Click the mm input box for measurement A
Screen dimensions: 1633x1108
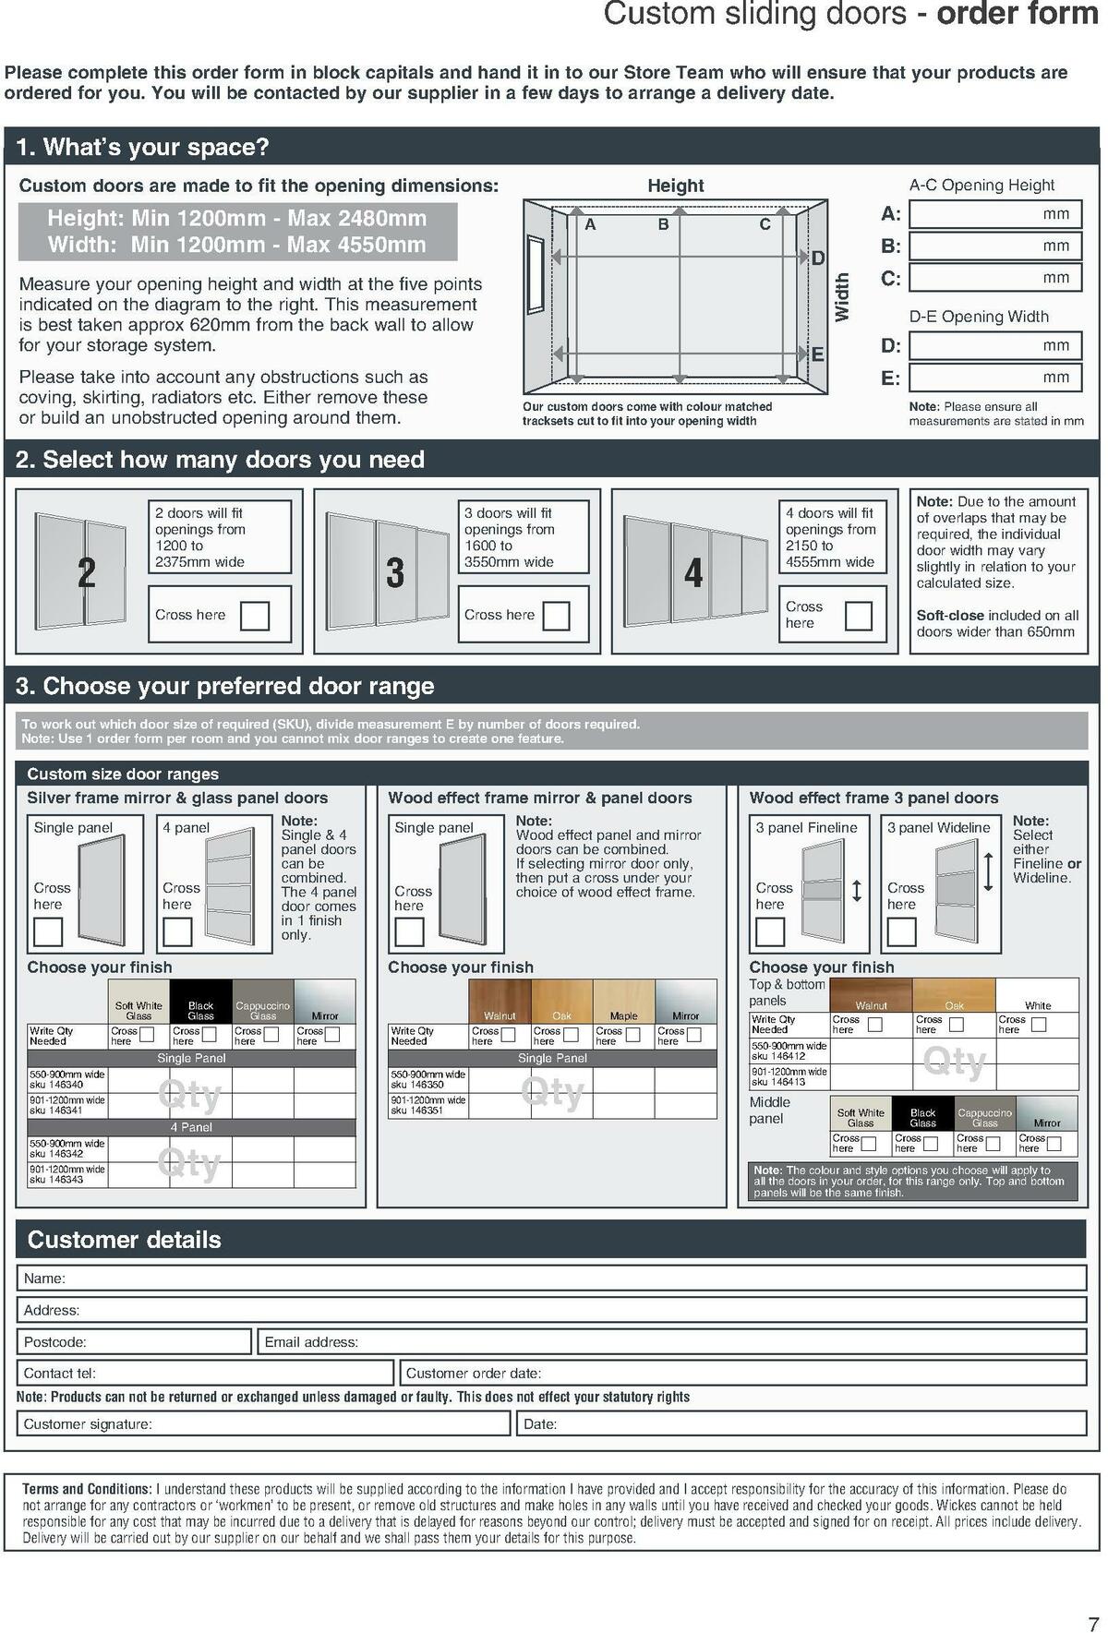[x=994, y=214]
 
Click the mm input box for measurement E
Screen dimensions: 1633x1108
[x=994, y=377]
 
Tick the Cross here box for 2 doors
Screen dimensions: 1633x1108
[x=254, y=616]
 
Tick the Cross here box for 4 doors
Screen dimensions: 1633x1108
[x=858, y=616]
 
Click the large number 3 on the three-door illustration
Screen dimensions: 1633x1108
[x=395, y=573]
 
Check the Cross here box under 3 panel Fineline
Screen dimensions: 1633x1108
[x=769, y=931]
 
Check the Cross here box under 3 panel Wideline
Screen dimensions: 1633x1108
[x=901, y=931]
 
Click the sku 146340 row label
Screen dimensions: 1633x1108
[x=67, y=1080]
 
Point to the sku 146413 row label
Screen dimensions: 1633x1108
[x=789, y=1076]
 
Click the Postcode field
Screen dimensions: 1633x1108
[x=134, y=1341]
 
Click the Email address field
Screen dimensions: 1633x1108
[x=671, y=1341]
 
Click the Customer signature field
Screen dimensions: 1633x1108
[x=263, y=1423]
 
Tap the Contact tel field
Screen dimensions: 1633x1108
[x=205, y=1373]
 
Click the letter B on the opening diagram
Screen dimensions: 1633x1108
[x=663, y=224]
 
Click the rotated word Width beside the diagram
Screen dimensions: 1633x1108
[x=841, y=297]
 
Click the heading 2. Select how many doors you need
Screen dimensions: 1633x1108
[x=221, y=460]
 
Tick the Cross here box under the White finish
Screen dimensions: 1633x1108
[x=1039, y=1025]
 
